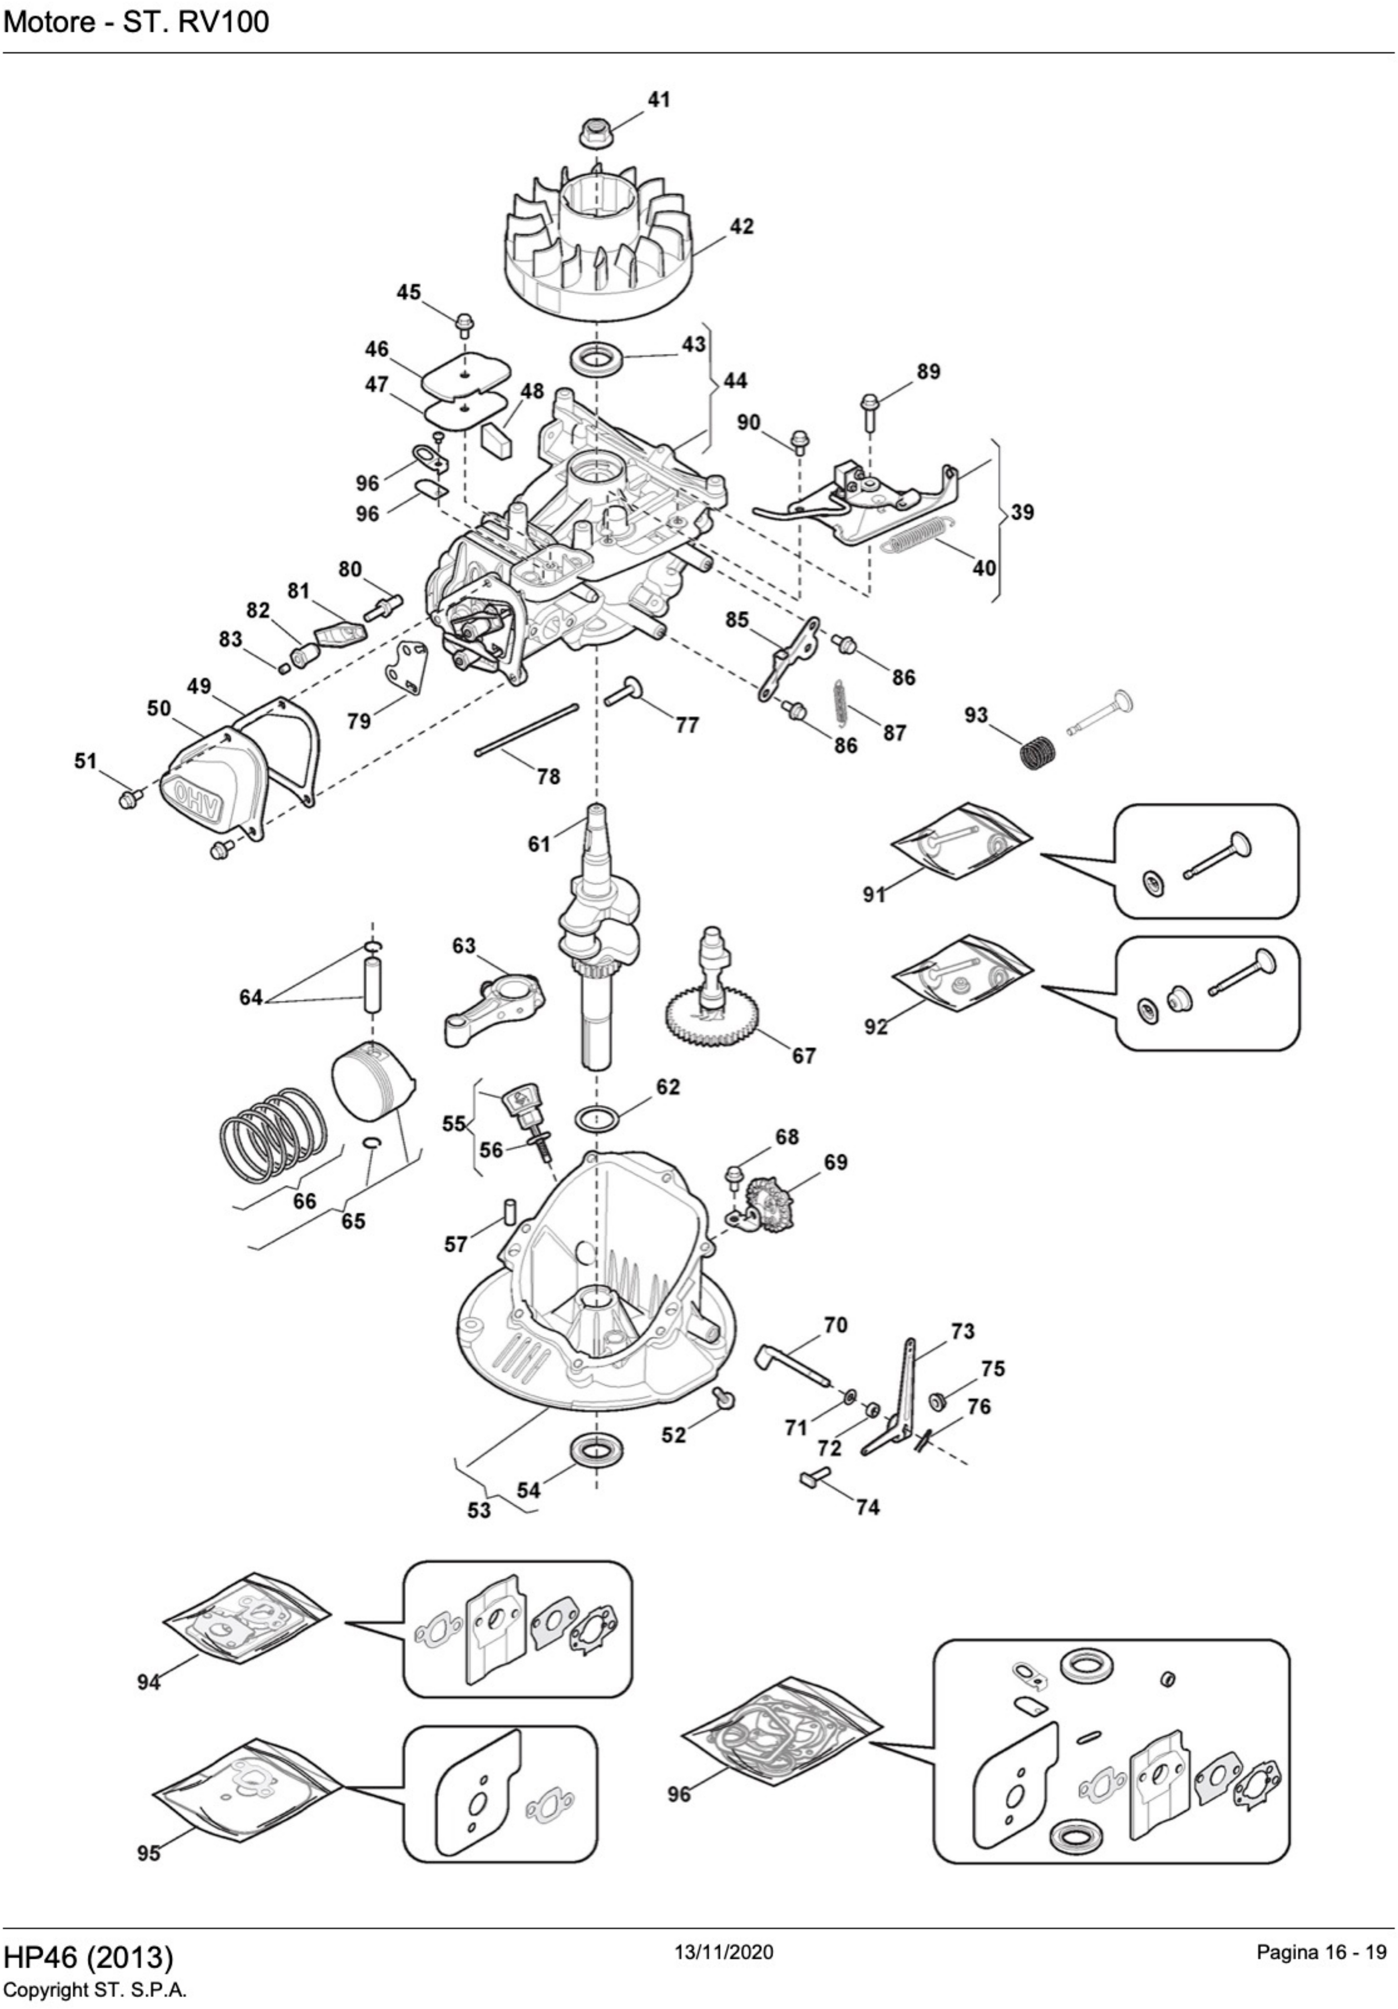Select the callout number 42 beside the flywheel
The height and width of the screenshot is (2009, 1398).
click(741, 227)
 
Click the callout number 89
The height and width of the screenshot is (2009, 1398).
click(928, 372)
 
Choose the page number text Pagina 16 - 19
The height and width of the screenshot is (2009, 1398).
click(1321, 1952)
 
